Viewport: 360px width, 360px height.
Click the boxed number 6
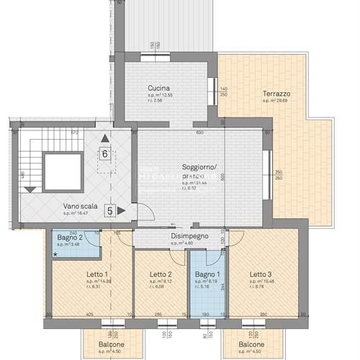pos(105,153)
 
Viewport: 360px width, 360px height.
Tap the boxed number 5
pos(110,211)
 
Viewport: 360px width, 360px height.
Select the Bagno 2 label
pos(71,237)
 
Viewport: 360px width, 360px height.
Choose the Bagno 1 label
pos(207,274)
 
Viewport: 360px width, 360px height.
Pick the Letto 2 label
pos(161,274)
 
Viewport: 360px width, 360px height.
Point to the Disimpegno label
pos(189,236)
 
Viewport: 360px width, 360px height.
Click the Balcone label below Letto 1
pos(110,344)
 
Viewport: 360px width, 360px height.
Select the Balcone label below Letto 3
pos(251,344)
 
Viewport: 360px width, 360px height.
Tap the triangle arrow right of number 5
pos(122,211)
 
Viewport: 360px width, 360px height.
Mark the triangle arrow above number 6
pos(105,138)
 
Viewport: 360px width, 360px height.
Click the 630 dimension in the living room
pos(200,132)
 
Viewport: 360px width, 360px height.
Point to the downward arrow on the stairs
pos(30,189)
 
